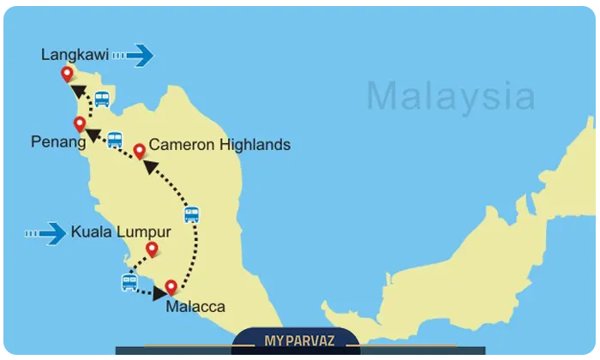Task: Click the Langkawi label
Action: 75,55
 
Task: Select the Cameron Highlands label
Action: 219,145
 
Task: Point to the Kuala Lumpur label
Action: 121,231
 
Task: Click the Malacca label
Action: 196,306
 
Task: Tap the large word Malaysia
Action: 451,95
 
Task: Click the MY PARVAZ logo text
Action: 299,341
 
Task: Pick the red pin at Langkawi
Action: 68,75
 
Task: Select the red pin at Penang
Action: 80,123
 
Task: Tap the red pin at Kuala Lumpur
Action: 153,249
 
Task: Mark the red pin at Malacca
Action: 171,287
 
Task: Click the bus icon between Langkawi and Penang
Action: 102,99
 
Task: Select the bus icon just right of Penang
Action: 115,140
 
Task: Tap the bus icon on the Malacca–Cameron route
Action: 192,214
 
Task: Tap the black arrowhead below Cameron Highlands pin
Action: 150,165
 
